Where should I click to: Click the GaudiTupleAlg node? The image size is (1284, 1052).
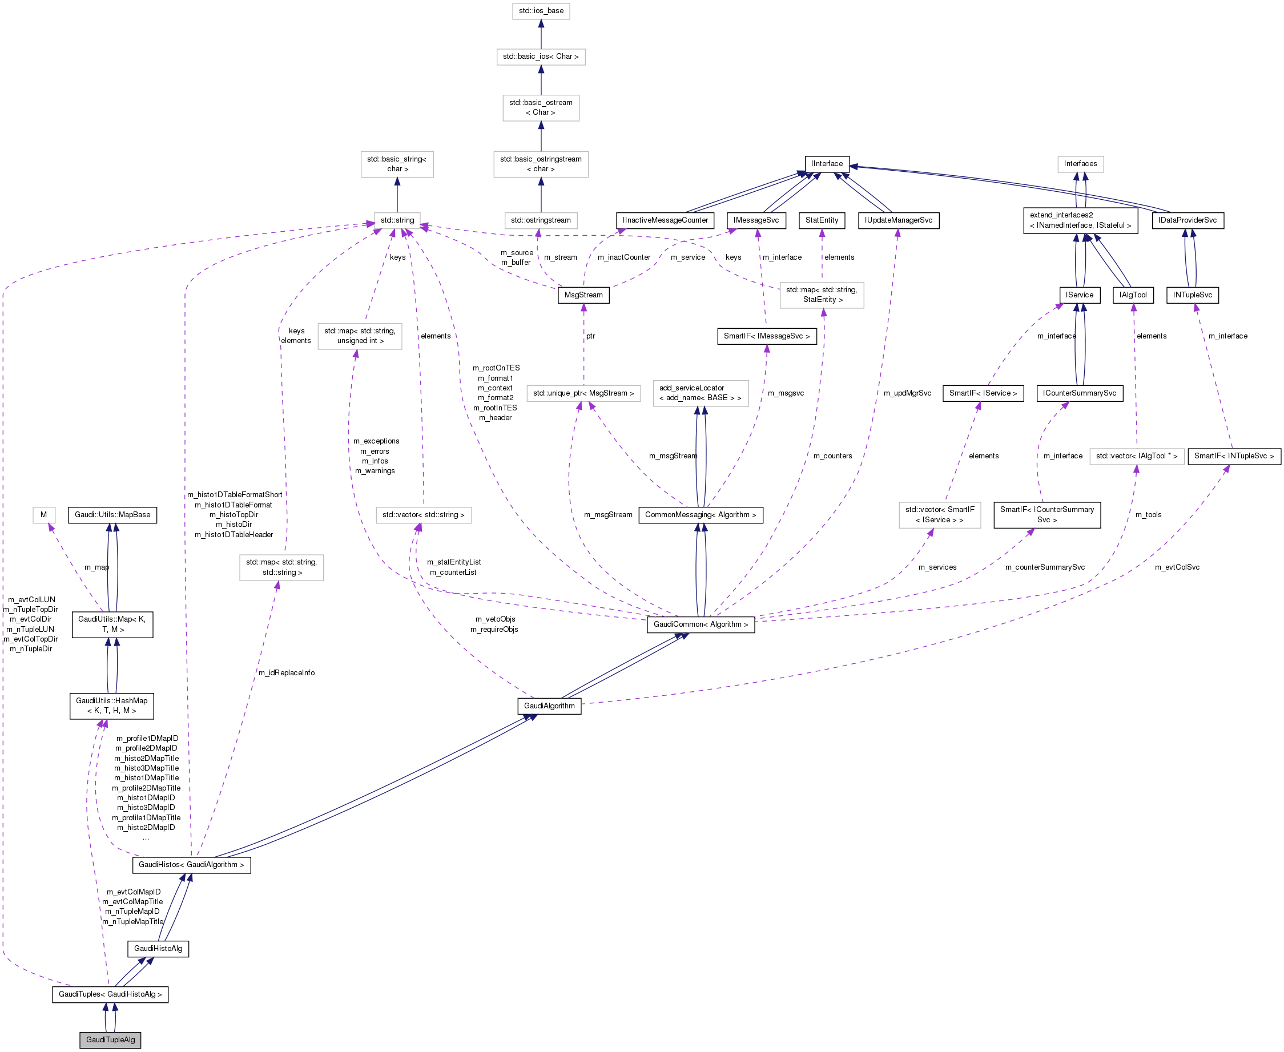click(110, 1039)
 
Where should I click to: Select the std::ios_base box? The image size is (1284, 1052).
click(541, 11)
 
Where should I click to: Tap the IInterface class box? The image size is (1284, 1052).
click(827, 164)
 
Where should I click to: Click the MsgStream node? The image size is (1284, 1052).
click(583, 295)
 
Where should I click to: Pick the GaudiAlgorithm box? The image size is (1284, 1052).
click(549, 706)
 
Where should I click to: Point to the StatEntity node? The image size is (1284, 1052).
click(822, 220)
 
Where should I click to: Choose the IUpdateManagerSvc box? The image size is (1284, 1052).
click(898, 220)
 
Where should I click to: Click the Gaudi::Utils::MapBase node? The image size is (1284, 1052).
click(112, 514)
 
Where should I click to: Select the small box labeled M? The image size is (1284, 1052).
click(43, 514)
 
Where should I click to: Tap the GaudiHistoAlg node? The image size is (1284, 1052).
click(158, 948)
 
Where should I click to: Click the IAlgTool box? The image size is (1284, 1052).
click(1133, 295)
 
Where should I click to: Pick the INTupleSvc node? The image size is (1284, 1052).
click(1192, 295)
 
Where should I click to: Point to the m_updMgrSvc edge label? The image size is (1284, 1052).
click(907, 393)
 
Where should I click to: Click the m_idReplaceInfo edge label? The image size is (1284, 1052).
click(287, 672)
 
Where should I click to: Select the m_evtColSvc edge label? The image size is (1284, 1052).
click(1177, 567)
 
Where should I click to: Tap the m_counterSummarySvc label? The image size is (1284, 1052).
click(1045, 567)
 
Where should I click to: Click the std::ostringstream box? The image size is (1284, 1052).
click(541, 220)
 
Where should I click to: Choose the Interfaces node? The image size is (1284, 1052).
click(1080, 164)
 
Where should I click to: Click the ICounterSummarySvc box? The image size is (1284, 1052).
click(1079, 393)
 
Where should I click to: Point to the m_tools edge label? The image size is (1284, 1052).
click(1148, 514)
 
